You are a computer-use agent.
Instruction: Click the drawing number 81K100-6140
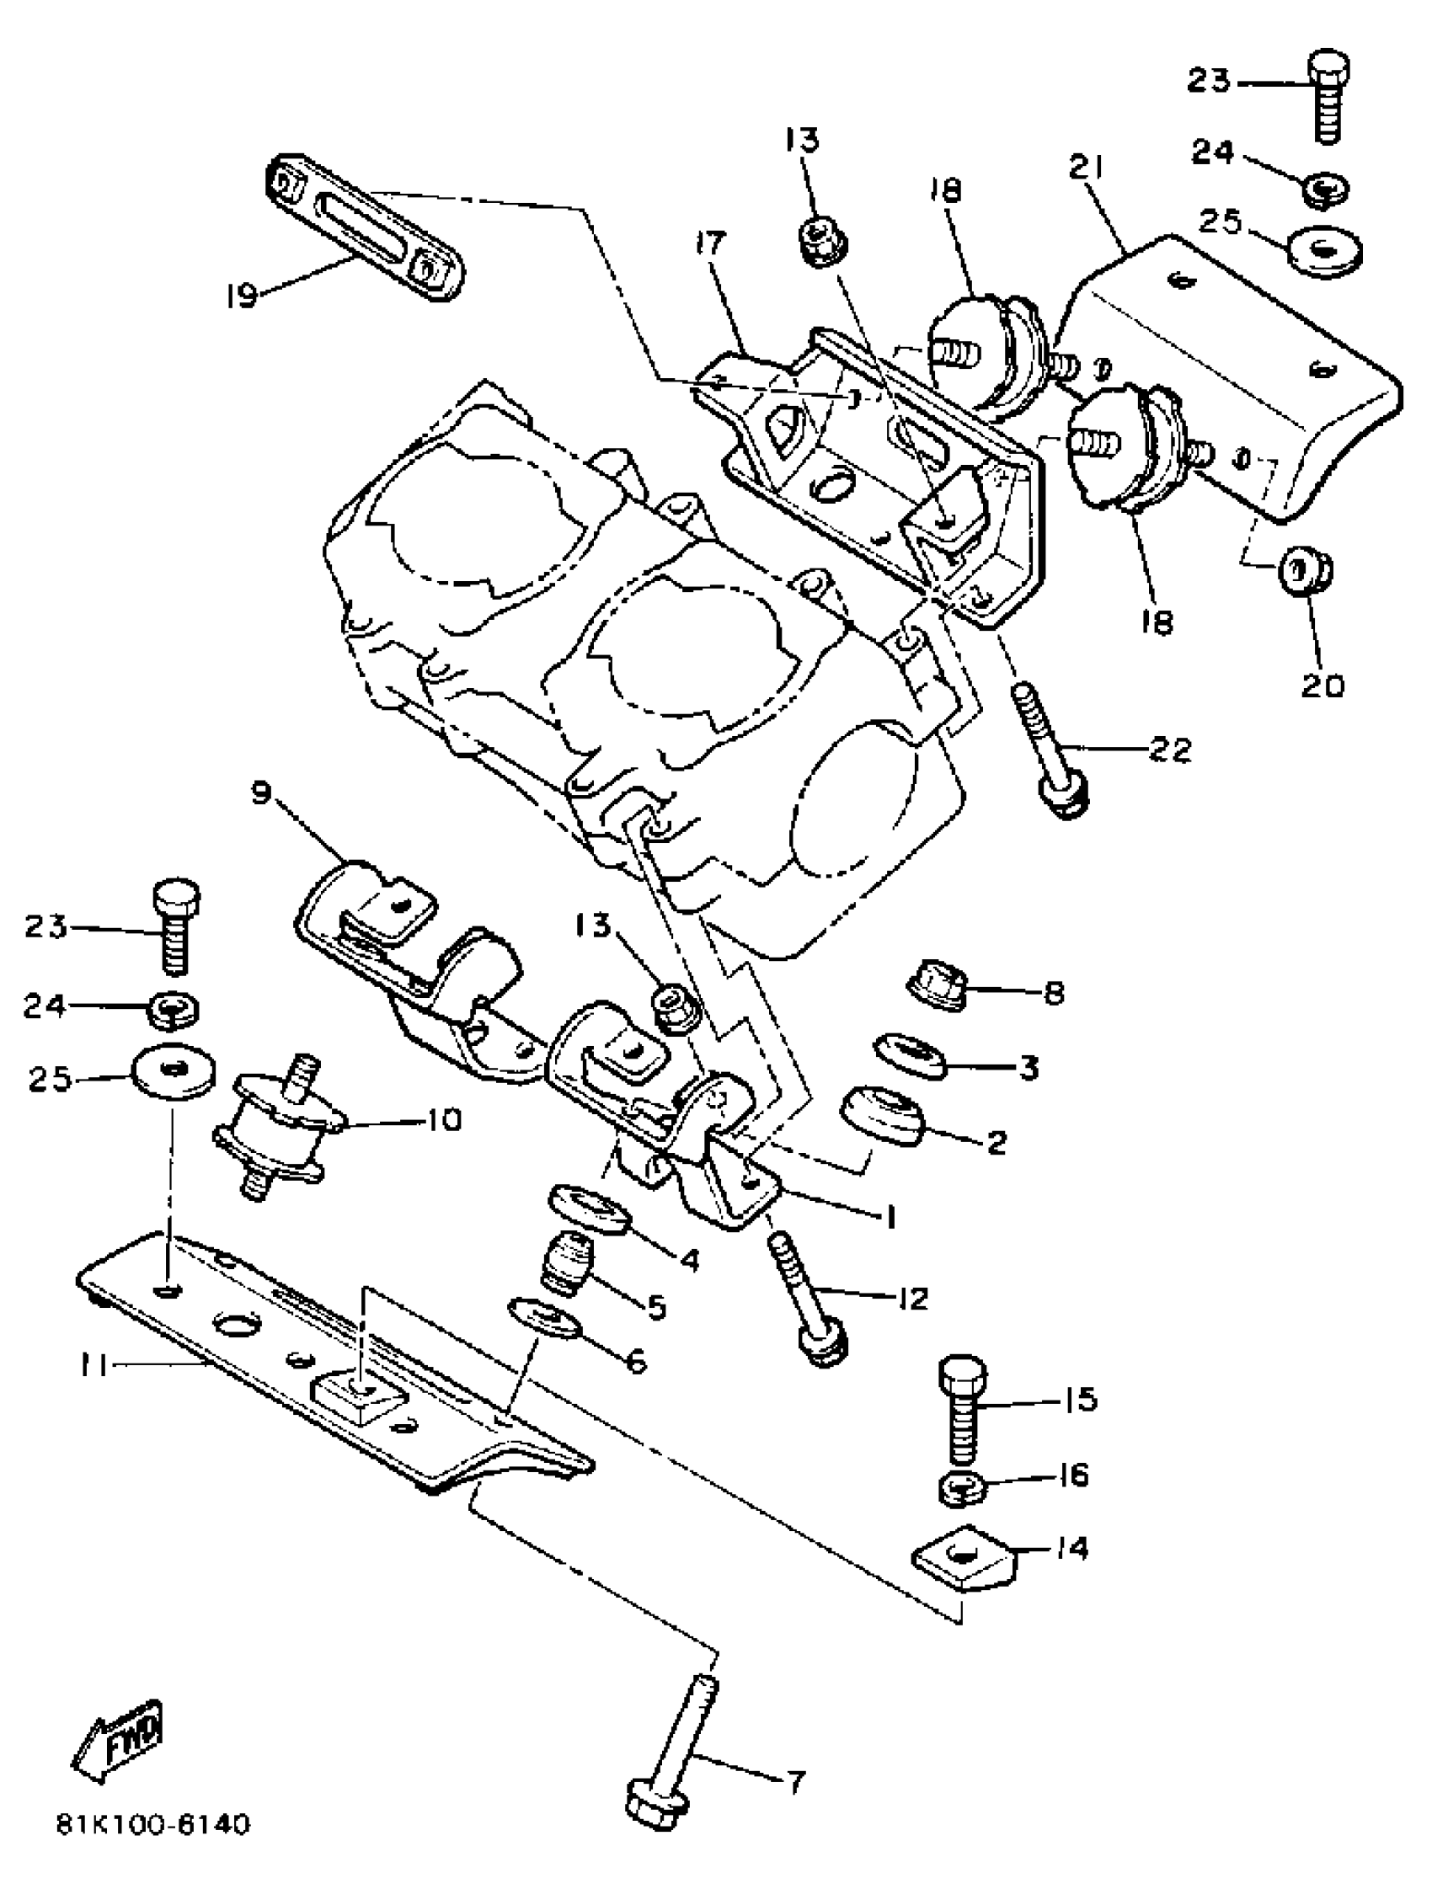click(153, 1848)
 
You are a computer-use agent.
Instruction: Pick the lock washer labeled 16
click(962, 1488)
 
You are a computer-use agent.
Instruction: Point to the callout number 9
click(261, 792)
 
